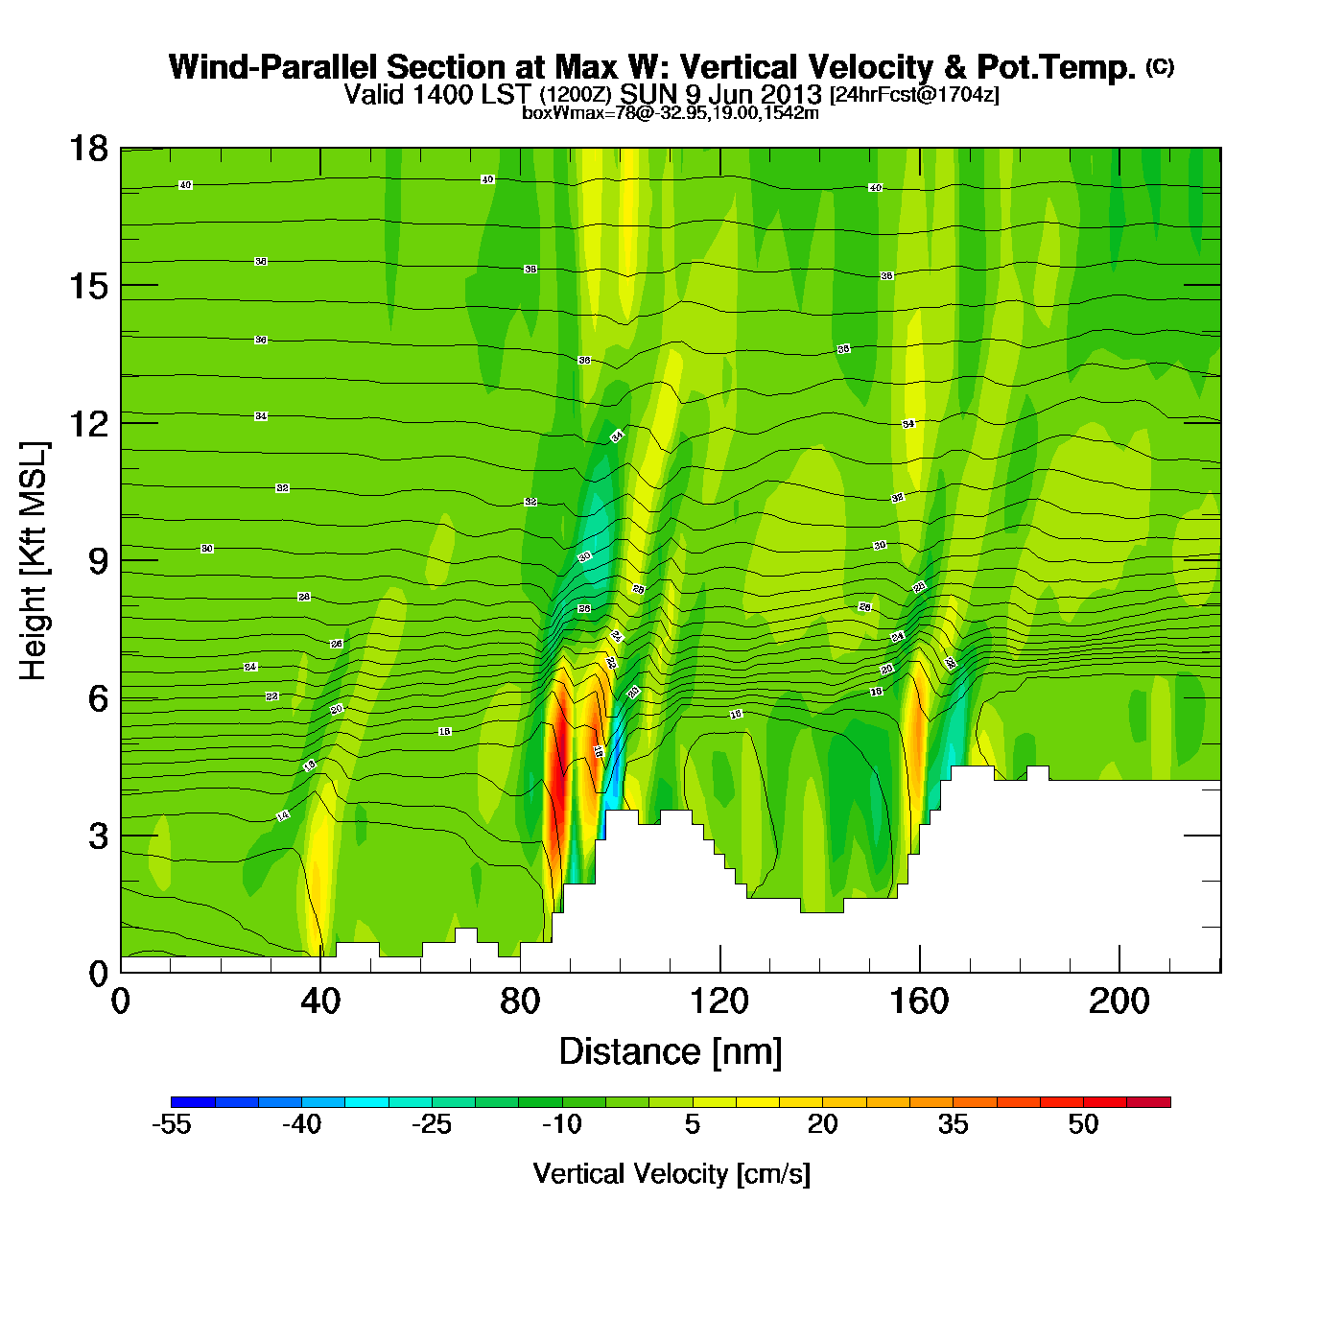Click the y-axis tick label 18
pyautogui.click(x=87, y=149)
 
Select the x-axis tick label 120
pyautogui.click(x=719, y=1001)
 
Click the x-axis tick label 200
pyautogui.click(x=1119, y=1001)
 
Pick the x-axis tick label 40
pyautogui.click(x=319, y=1001)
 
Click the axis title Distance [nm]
pyautogui.click(x=671, y=1051)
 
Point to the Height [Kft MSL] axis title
pyautogui.click(x=34, y=561)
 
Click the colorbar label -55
pyautogui.click(x=172, y=1124)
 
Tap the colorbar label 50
pyautogui.click(x=1083, y=1124)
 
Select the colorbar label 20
pyautogui.click(x=822, y=1124)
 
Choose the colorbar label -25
pyautogui.click(x=432, y=1124)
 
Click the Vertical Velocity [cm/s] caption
pyautogui.click(x=671, y=1173)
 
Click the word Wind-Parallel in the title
pyautogui.click(x=274, y=67)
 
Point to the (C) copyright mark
pyautogui.click(x=1160, y=66)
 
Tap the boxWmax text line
pyautogui.click(x=671, y=113)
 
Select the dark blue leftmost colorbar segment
pyautogui.click(x=193, y=1101)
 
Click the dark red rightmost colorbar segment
pyautogui.click(x=1148, y=1101)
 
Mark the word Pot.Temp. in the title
pyautogui.click(x=1056, y=67)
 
